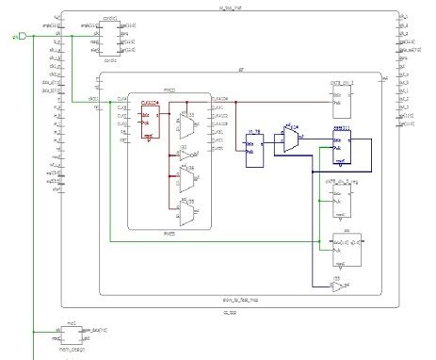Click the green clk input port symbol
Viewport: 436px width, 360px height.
(19, 37)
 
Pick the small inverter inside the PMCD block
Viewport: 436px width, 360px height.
(186, 153)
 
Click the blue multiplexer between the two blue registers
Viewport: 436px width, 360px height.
(291, 140)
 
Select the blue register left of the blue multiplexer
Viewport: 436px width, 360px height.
(251, 152)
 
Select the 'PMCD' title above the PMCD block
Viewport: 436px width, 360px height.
(170, 90)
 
